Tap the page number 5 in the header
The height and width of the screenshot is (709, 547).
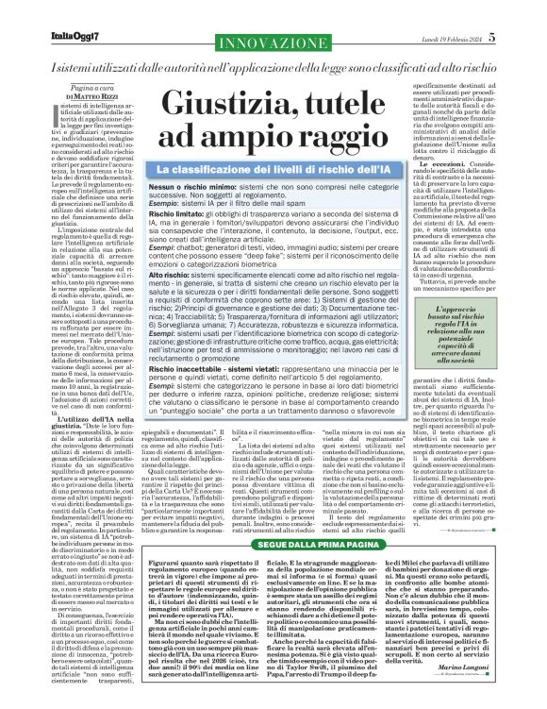coord(519,37)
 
